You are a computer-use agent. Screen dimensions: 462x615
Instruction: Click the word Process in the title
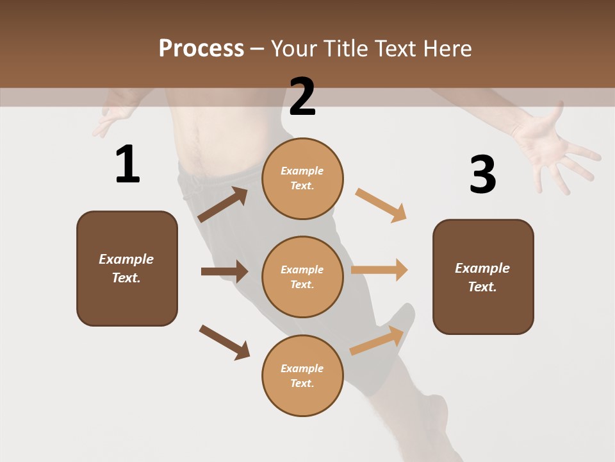coord(201,49)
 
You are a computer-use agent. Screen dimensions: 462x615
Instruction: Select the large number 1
coord(127,165)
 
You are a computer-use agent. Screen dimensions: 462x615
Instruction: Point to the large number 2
coord(302,97)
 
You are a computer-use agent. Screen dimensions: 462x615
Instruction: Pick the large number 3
coord(482,175)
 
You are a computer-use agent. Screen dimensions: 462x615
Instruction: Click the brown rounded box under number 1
coord(127,268)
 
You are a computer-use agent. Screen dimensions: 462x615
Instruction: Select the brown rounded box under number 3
coord(483,277)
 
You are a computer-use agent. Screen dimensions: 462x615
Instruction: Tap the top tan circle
coord(302,178)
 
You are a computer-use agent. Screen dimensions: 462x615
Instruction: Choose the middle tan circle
coord(302,277)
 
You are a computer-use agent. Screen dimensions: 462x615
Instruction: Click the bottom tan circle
coord(302,375)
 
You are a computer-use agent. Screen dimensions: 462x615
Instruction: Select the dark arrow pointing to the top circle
coord(222,205)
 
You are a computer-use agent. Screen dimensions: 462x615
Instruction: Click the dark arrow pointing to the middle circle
coord(224,271)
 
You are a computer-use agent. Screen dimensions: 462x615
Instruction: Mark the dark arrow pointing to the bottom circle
coord(224,342)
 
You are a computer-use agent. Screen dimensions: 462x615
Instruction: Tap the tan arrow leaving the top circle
coord(381,205)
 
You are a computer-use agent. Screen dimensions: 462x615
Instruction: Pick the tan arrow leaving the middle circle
coord(379,269)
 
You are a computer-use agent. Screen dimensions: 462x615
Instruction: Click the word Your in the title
coord(294,49)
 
